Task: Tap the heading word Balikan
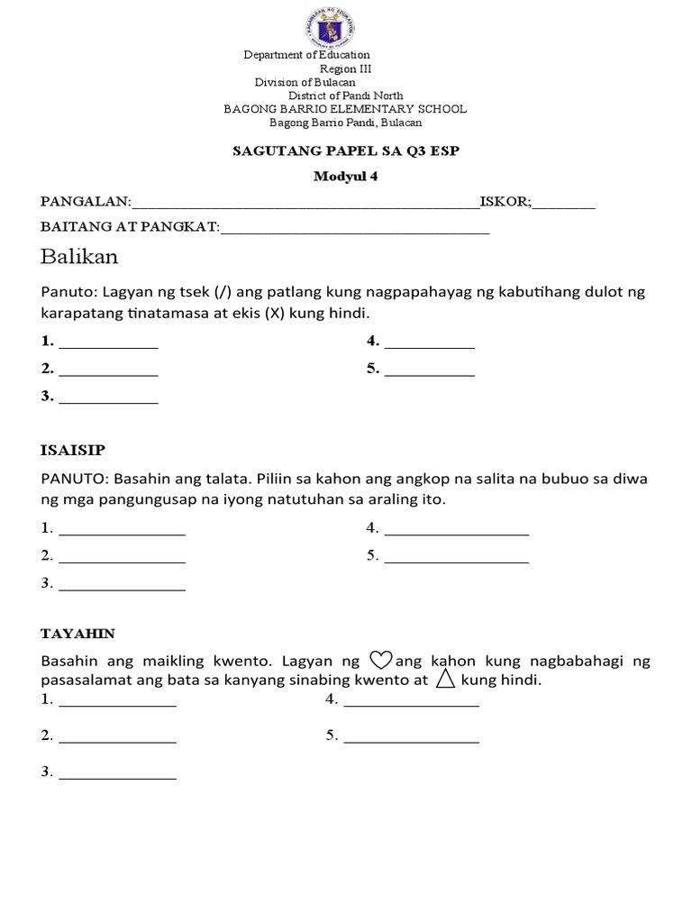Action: [x=79, y=258]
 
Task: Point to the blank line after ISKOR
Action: [x=563, y=206]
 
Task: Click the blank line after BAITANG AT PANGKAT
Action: [x=355, y=233]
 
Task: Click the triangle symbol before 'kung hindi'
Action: [x=444, y=680]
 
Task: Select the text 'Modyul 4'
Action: [x=346, y=177]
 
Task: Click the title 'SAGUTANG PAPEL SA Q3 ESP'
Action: [x=346, y=151]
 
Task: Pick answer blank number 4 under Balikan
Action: [x=429, y=345]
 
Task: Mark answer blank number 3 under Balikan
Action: [x=108, y=399]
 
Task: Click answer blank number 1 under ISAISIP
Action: [x=122, y=533]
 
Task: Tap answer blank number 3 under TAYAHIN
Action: [x=117, y=776]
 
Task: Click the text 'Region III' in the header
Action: [x=345, y=69]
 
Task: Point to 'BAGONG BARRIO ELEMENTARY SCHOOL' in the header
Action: [x=345, y=109]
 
